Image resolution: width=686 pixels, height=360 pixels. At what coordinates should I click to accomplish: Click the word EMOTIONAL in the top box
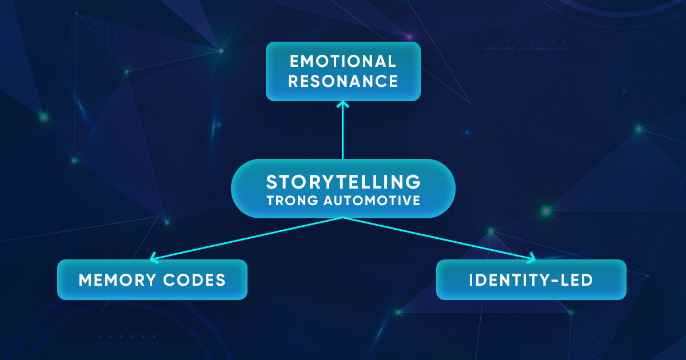pos(343,61)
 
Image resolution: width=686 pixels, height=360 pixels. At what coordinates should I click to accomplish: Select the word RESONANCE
pos(343,81)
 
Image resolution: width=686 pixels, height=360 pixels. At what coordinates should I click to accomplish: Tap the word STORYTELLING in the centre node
pos(343,182)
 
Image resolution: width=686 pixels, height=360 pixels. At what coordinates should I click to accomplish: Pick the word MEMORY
pos(116,280)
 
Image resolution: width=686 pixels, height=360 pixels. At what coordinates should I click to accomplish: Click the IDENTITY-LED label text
pos(531,280)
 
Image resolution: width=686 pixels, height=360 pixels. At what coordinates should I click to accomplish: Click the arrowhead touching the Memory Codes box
pos(153,258)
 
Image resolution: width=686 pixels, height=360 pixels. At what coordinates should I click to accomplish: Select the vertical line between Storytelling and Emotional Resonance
pos(343,131)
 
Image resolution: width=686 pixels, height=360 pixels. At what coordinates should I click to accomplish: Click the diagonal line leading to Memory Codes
pos(246,238)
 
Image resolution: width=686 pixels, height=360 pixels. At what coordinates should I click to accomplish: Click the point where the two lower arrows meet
pos(343,218)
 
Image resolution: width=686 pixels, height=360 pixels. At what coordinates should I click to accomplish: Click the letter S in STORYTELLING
pos(272,182)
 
